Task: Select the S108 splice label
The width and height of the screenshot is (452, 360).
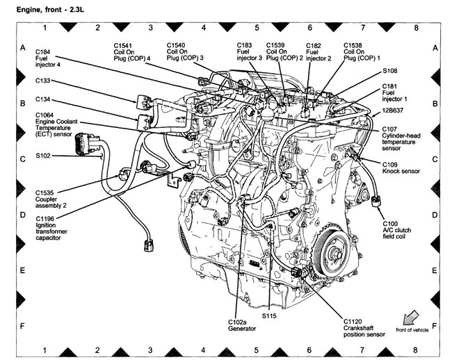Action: coord(390,71)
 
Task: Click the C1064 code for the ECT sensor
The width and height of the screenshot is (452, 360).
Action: coord(47,115)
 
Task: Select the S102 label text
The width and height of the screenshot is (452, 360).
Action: coord(45,156)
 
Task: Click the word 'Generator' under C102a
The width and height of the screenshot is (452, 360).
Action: coord(241,329)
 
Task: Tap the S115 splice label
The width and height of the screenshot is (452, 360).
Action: coord(269,316)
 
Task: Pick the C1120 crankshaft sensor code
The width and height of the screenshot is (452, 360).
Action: coord(354,322)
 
